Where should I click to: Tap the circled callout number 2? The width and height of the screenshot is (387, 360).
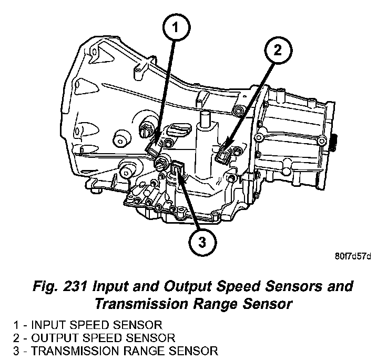click(277, 51)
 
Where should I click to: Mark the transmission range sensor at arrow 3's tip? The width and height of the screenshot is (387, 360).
click(178, 169)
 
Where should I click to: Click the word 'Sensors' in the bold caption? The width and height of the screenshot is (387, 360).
click(293, 287)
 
